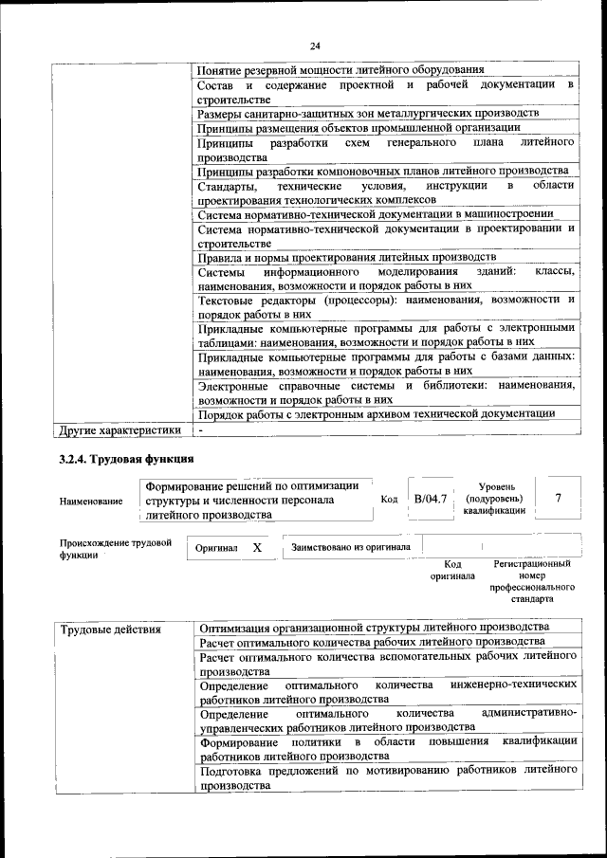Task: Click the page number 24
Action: click(315, 44)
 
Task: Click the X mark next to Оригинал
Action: click(257, 548)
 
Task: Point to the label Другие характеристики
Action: click(120, 429)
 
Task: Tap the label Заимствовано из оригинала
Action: click(351, 547)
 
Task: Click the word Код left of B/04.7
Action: click(389, 499)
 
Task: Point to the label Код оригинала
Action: click(452, 569)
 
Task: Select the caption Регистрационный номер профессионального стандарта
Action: click(532, 581)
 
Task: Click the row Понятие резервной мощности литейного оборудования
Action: click(340, 70)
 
